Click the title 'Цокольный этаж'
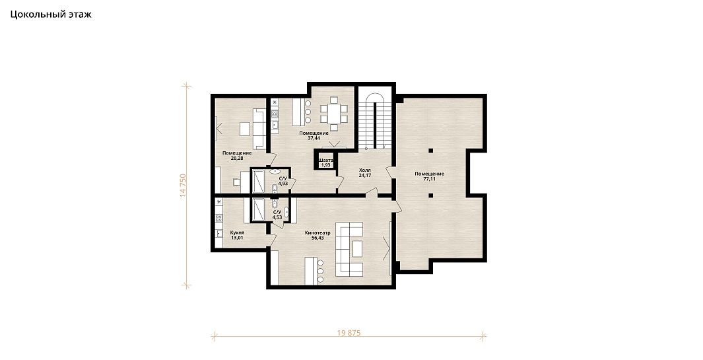coord(51,15)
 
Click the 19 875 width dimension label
coord(349,333)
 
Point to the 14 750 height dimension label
coord(182,185)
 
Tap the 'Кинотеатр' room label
coord(318,233)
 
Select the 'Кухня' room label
coord(237,233)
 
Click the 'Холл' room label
coord(364,170)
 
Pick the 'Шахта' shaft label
coord(326,161)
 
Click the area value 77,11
coord(430,178)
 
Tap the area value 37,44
coord(314,138)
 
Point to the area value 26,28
coord(237,158)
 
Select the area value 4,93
coord(283,183)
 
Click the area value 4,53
coord(277,217)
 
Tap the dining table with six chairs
coord(334,110)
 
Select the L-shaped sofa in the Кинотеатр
coord(350,248)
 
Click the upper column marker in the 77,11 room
coord(430,151)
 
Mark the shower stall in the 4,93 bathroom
coord(259,182)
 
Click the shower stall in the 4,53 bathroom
coord(259,209)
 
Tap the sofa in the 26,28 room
coord(259,128)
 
